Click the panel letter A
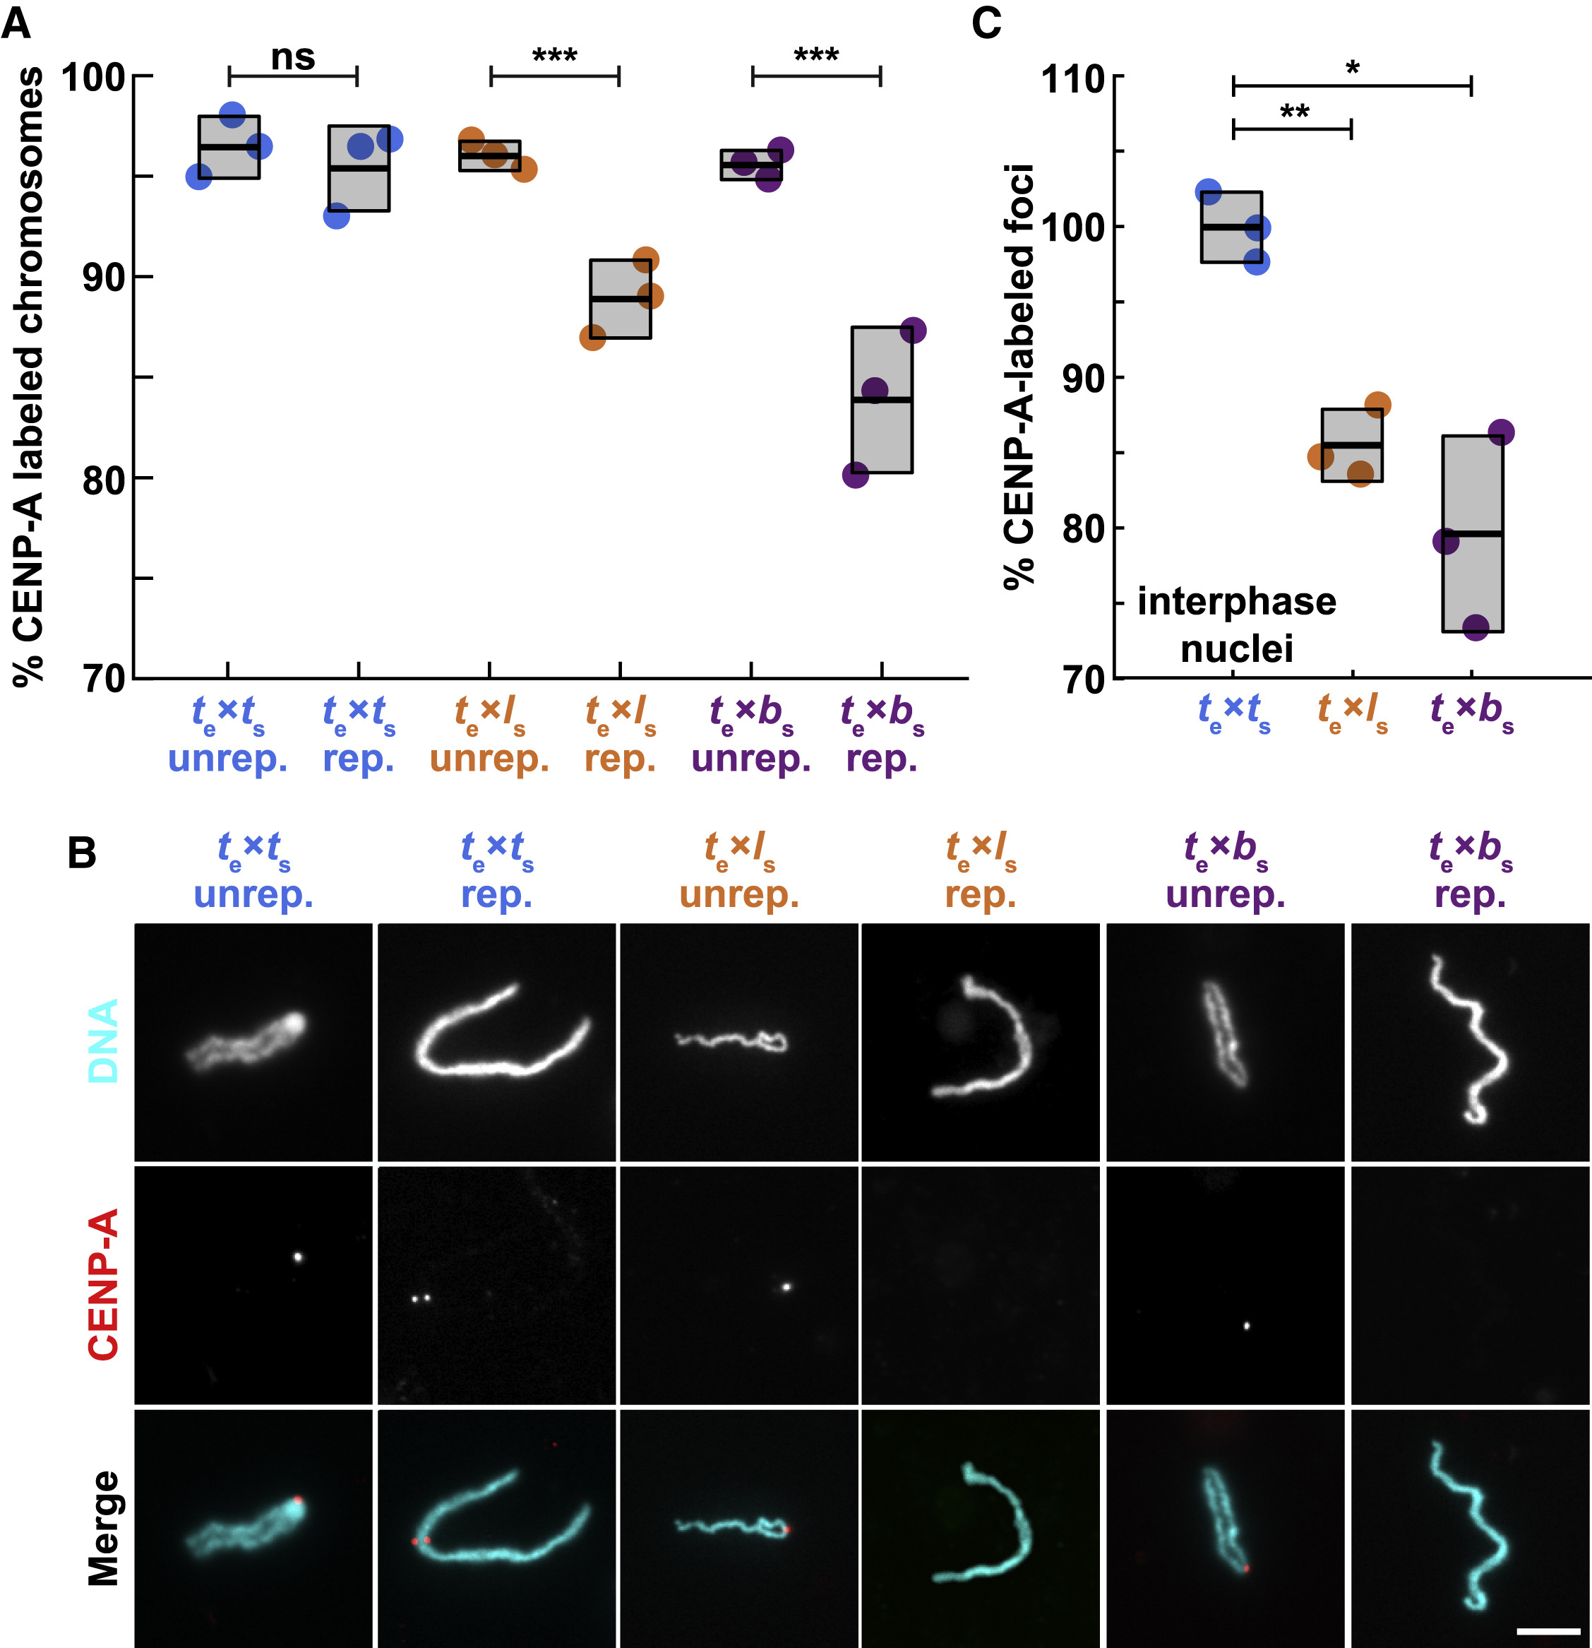pos(16,23)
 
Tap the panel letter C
pos(986,23)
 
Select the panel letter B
pos(81,853)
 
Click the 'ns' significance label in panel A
pos(292,57)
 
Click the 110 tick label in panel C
pos(1072,80)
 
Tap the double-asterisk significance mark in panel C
pos(1295,112)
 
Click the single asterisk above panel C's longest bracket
pos(1353,68)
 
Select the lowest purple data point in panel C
pos(1476,627)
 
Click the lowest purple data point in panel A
pos(855,476)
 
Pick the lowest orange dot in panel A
pos(592,338)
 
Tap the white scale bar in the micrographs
pos(1548,1630)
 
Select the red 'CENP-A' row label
pos(103,1284)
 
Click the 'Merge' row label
pos(103,1528)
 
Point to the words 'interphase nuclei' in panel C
pos(1236,624)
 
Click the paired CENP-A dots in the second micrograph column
pos(420,1298)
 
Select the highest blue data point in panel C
pos(1208,191)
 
